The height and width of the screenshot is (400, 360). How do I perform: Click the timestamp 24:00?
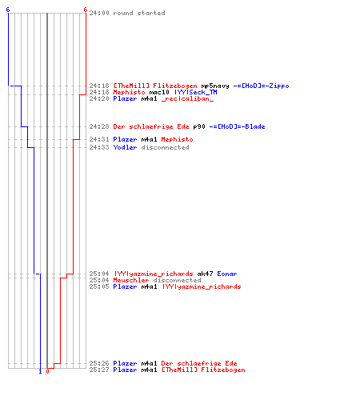[99, 13]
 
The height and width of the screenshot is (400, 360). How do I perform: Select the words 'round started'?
[139, 13]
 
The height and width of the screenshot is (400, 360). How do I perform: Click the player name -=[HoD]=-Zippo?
[261, 86]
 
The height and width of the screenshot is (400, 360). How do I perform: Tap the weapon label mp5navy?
[215, 86]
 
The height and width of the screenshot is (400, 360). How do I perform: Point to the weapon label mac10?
[159, 92]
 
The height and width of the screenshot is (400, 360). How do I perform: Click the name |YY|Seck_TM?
[196, 92]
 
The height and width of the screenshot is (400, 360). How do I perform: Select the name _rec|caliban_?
[187, 98]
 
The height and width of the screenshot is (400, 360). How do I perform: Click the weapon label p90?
[199, 126]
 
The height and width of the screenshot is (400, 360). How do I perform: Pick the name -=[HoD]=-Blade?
[237, 126]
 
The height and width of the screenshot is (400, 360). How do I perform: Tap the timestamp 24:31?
[99, 139]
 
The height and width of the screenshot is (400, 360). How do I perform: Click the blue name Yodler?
[125, 147]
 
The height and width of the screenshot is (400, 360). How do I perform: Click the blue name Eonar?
[227, 274]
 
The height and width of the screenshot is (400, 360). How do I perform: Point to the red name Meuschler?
[131, 280]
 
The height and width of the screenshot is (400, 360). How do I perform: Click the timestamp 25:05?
[99, 286]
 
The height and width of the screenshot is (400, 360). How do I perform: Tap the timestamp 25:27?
[99, 370]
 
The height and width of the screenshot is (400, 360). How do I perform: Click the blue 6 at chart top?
[8, 10]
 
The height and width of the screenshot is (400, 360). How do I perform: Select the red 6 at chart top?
[86, 10]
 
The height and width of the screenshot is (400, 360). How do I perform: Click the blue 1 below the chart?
[40, 371]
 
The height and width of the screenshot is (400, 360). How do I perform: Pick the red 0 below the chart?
[47, 371]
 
